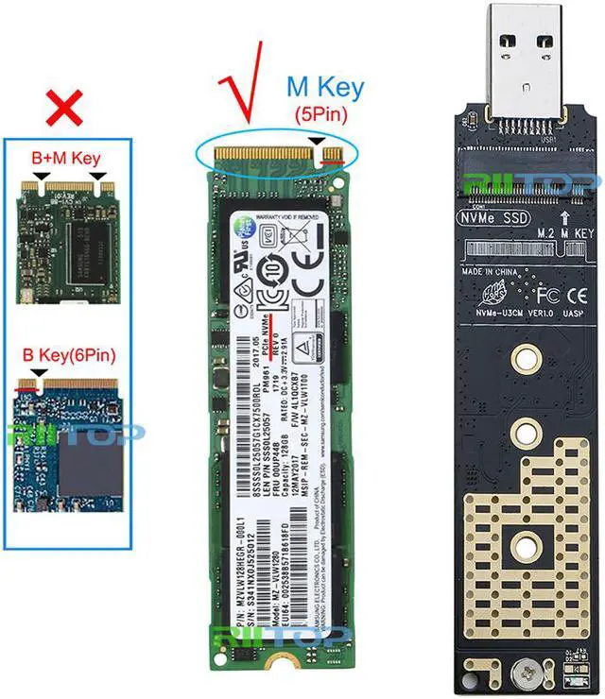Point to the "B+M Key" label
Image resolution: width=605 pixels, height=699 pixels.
pos(65,157)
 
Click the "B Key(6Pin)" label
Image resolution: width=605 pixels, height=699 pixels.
pos(65,356)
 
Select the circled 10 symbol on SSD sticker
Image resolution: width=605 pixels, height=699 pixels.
pos(273,289)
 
